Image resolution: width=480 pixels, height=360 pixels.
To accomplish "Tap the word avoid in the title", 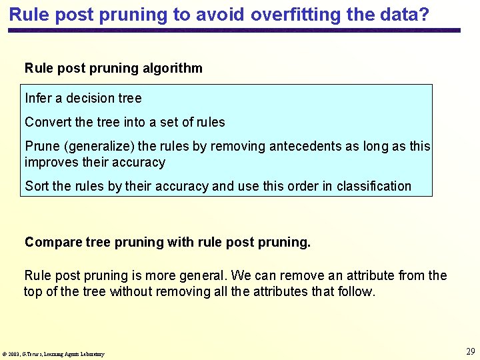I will point(223,14).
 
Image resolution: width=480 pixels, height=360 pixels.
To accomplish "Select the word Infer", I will point(38,98).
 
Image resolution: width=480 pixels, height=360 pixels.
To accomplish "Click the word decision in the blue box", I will point(90,98).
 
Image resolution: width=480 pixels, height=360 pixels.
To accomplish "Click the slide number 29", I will point(470,351).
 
